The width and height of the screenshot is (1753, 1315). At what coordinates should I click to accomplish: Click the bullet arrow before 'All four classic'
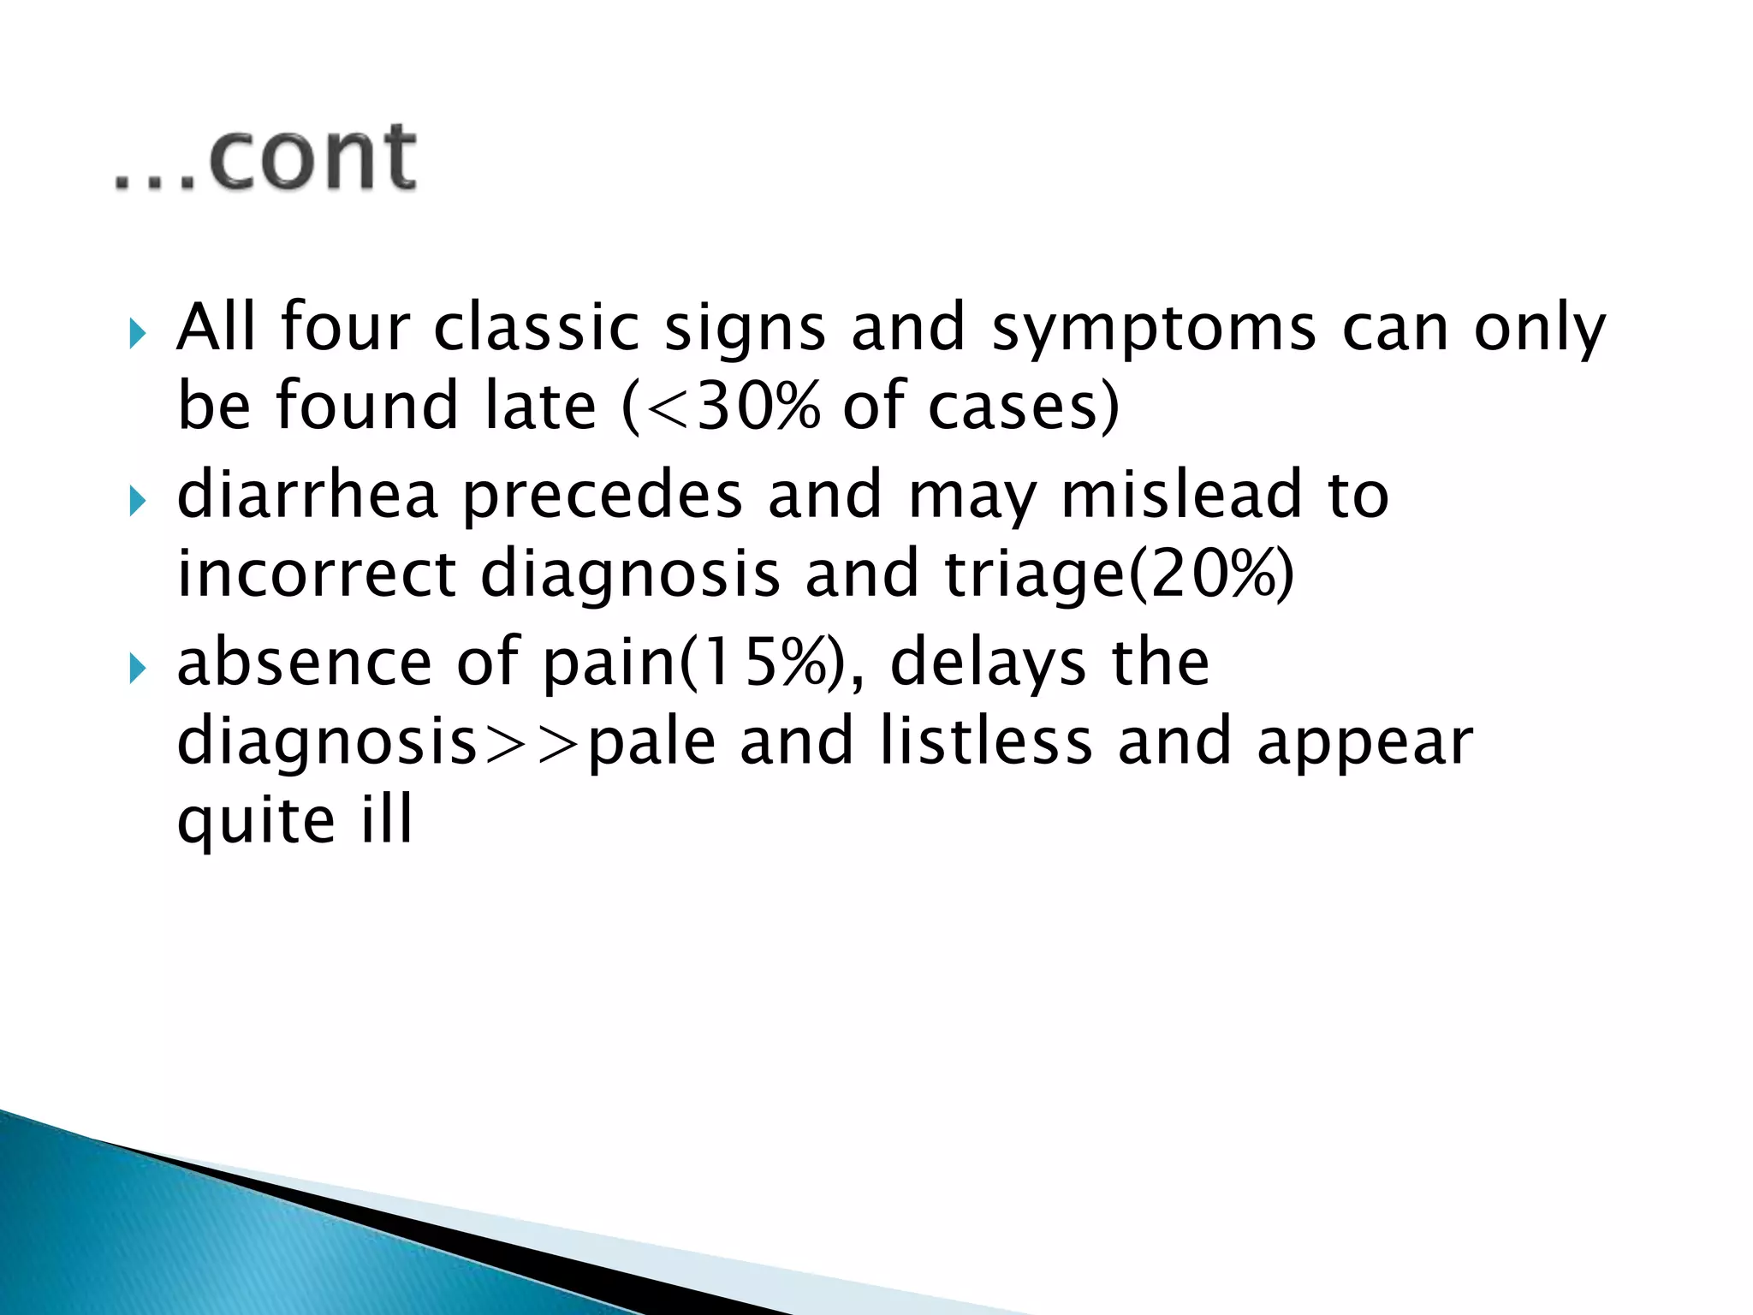pos(137,333)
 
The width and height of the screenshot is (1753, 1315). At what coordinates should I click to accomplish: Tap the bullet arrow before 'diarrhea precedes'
pos(137,501)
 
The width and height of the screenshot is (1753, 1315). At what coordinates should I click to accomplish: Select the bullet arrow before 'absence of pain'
pos(137,669)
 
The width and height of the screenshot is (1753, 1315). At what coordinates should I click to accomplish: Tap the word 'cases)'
pos(1024,406)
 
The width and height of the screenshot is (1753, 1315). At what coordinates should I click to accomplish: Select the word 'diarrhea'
pos(307,495)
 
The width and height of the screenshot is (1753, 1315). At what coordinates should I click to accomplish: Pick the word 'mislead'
pos(1181,495)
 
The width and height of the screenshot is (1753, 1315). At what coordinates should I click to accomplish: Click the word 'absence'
pos(305,663)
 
